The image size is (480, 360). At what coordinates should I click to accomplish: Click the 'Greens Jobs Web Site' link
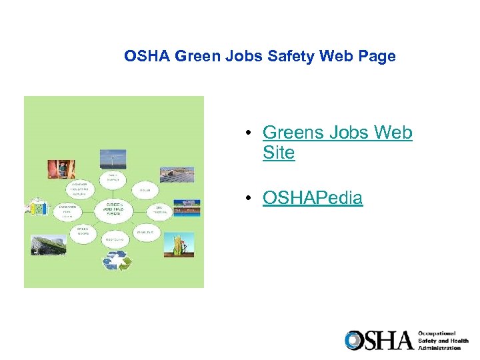point(337,143)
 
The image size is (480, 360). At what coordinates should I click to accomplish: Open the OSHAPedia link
point(313,198)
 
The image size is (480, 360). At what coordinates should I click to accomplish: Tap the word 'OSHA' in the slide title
point(147,57)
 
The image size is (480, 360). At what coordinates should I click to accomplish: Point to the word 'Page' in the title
point(376,57)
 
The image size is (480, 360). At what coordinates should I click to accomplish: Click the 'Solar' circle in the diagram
point(145,190)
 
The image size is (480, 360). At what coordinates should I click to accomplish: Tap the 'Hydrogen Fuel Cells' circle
point(69,211)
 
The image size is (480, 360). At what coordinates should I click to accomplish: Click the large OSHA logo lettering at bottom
point(379,341)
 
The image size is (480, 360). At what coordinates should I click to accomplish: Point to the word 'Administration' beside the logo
point(439,348)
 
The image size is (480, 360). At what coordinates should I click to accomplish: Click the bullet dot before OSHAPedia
point(247,199)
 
